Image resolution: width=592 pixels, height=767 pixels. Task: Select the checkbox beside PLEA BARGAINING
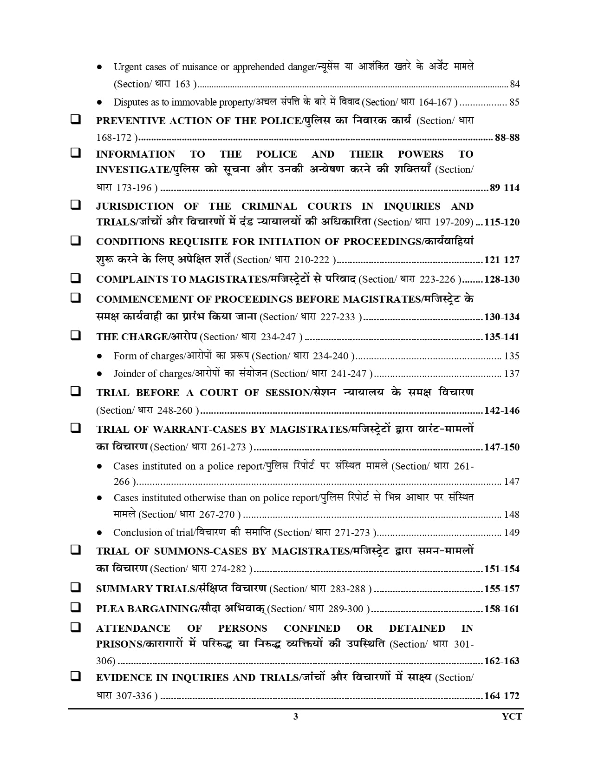point(75,608)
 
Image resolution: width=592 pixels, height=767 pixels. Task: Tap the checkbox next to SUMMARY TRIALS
point(75,588)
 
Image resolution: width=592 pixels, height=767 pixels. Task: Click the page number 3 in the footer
point(296,716)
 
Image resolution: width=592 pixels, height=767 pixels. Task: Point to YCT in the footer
point(512,716)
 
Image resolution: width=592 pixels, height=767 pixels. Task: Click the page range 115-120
point(501,222)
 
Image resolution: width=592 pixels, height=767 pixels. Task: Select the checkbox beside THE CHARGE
point(75,335)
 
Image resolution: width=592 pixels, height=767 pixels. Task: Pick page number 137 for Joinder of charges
point(512,374)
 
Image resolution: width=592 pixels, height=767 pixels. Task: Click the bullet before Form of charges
point(99,357)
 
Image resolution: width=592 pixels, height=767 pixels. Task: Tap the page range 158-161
point(501,609)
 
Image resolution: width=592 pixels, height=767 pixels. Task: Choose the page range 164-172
point(501,696)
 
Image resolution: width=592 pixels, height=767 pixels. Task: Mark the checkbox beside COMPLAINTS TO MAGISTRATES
point(75,278)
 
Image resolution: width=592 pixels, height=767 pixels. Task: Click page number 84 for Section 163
point(514,84)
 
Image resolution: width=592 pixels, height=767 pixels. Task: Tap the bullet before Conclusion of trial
point(99,533)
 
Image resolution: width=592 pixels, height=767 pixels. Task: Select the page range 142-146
point(501,410)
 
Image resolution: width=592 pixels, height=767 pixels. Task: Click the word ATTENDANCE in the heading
point(133,628)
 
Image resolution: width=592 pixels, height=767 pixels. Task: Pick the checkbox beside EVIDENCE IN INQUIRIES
point(75,676)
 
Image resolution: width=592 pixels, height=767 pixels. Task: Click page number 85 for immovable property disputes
point(514,102)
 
